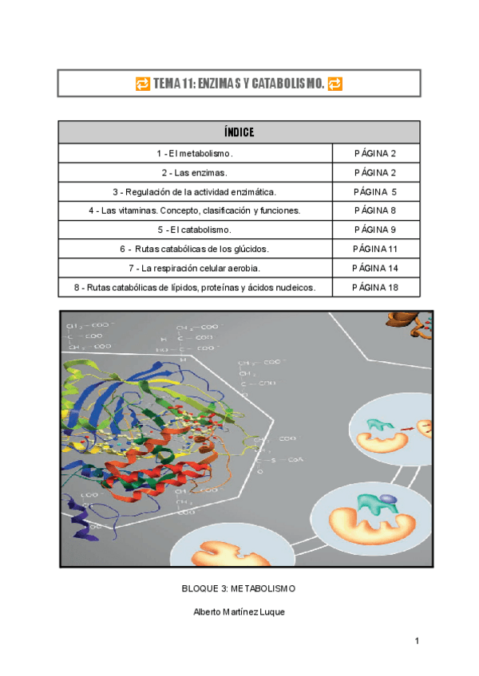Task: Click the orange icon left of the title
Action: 142,84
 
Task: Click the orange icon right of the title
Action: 335,84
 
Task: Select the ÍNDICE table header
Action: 239,132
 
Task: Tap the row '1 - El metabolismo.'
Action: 195,154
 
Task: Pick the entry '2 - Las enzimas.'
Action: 195,173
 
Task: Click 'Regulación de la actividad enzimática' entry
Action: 195,192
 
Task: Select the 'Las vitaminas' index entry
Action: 195,211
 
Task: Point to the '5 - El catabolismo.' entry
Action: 195,230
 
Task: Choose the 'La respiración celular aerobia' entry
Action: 195,268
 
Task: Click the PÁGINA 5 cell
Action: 376,192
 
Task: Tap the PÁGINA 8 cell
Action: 376,211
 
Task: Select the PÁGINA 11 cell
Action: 376,250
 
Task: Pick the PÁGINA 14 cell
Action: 376,268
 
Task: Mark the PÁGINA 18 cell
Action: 376,287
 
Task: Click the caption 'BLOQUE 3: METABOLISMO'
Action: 239,588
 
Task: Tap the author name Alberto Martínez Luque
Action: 239,611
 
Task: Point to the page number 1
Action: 417,641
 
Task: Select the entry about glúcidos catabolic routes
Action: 195,250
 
